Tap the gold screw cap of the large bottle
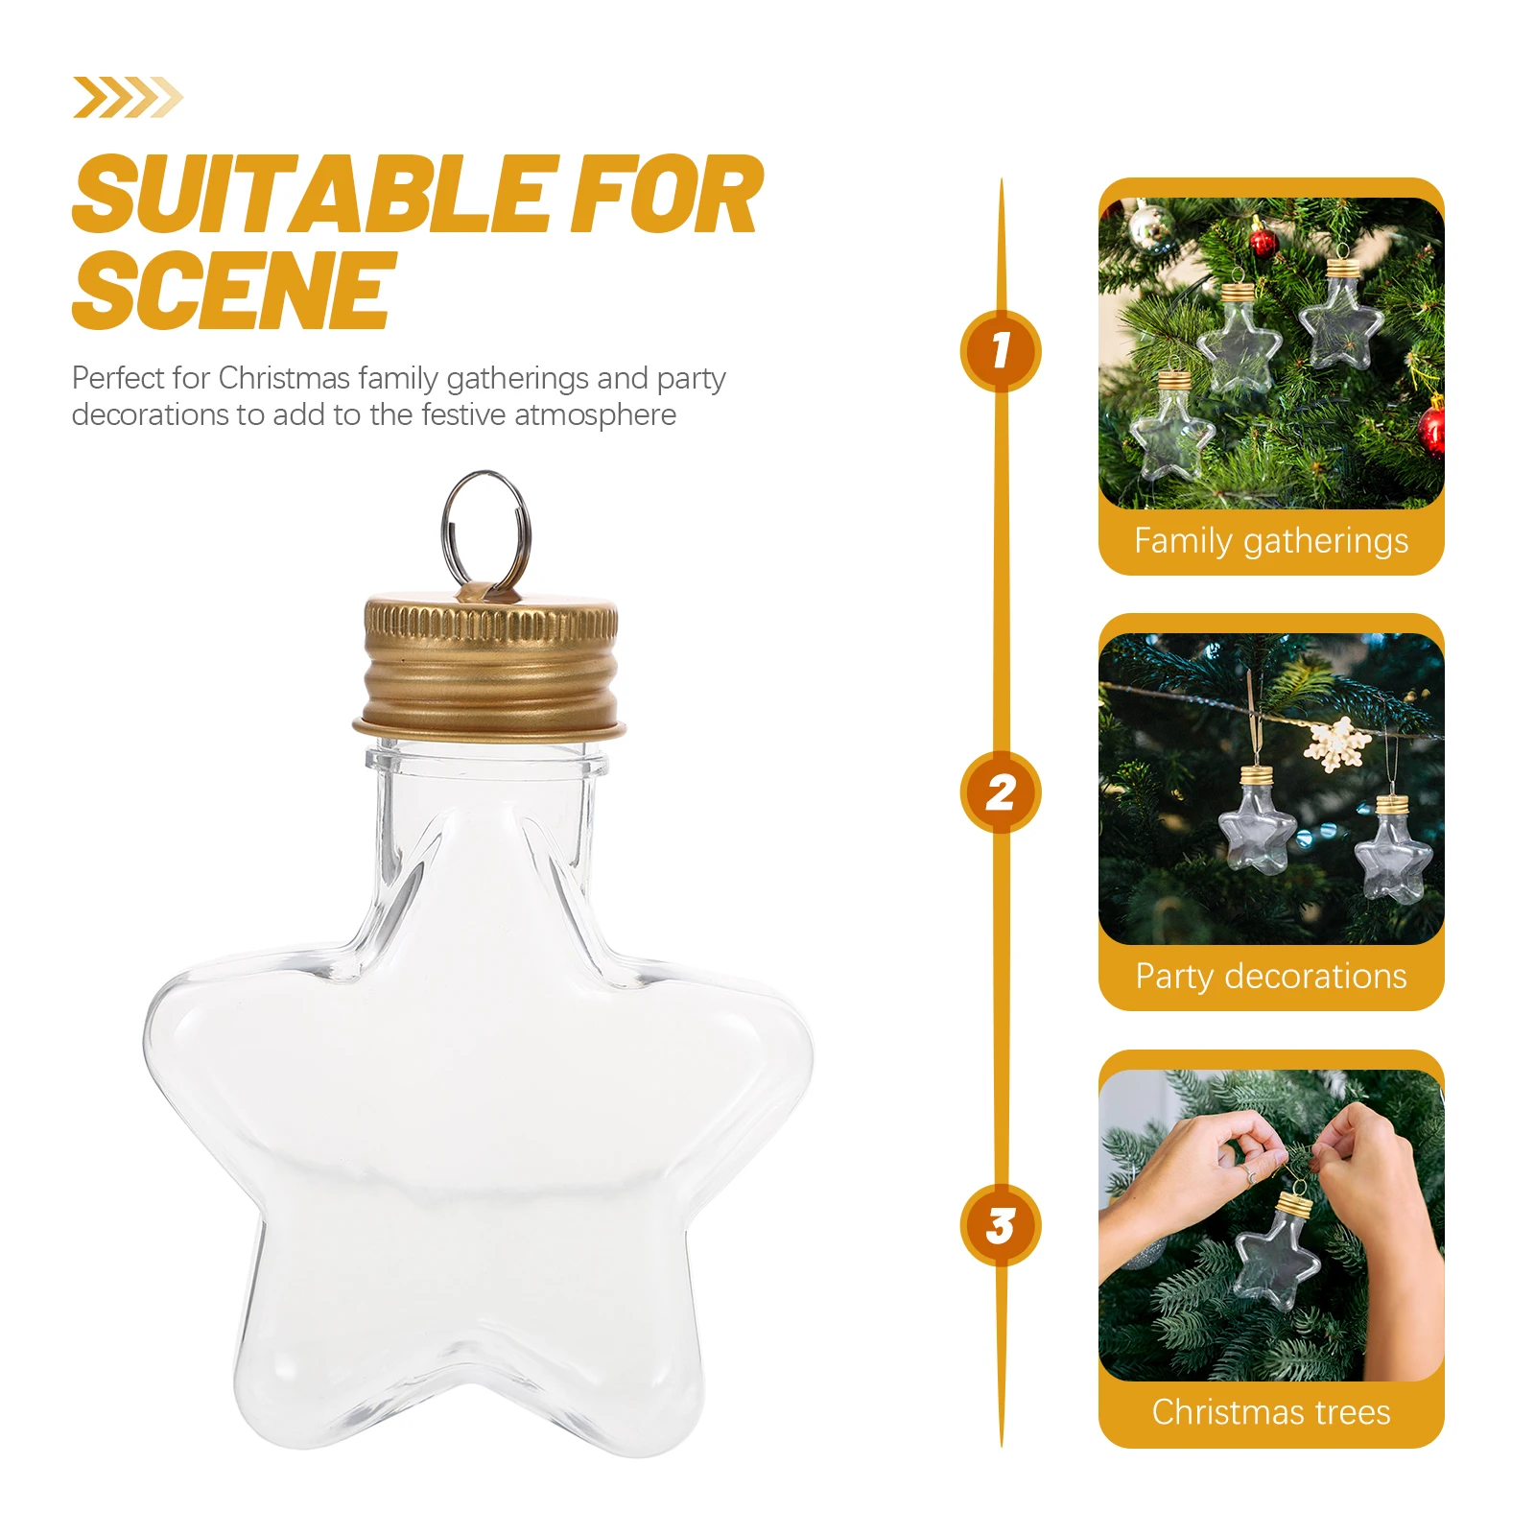tap(490, 667)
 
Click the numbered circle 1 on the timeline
tap(1001, 350)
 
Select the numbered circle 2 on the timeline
tap(1001, 791)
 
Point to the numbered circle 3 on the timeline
tap(1001, 1225)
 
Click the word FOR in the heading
tap(666, 196)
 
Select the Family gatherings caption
tap(1270, 541)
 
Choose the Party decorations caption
tap(1270, 977)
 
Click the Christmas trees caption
tap(1270, 1412)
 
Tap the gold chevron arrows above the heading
tap(128, 97)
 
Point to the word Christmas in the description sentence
tap(283, 378)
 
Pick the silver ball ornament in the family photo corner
tap(1146, 225)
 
